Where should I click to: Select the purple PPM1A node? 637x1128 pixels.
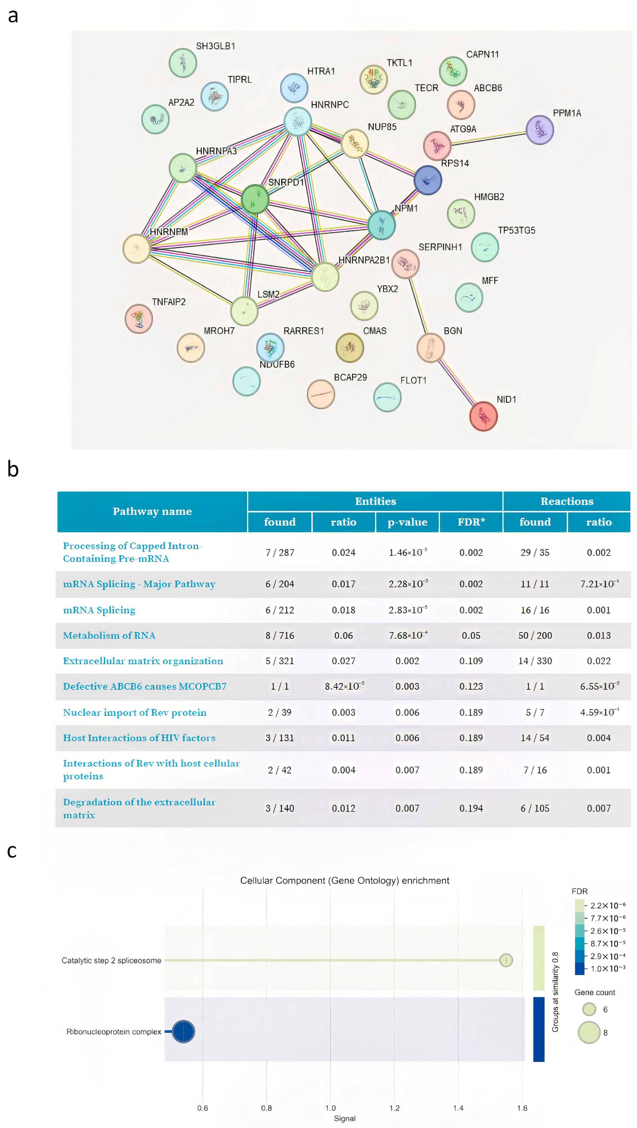coord(539,130)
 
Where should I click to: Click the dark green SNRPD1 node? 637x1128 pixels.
coord(255,199)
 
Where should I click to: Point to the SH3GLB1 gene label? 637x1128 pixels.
coord(215,46)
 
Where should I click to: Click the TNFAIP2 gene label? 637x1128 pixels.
coord(169,302)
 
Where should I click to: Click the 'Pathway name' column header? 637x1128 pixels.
coord(152,511)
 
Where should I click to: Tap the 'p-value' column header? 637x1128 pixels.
coord(407,522)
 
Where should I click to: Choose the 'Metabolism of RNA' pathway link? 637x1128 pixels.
coord(109,635)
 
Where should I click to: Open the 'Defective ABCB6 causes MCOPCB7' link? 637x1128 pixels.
coord(145,686)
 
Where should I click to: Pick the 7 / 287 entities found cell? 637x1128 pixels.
coord(280,552)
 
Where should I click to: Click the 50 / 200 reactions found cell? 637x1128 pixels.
coord(535,635)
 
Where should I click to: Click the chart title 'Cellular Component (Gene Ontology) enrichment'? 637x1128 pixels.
coord(345,880)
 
